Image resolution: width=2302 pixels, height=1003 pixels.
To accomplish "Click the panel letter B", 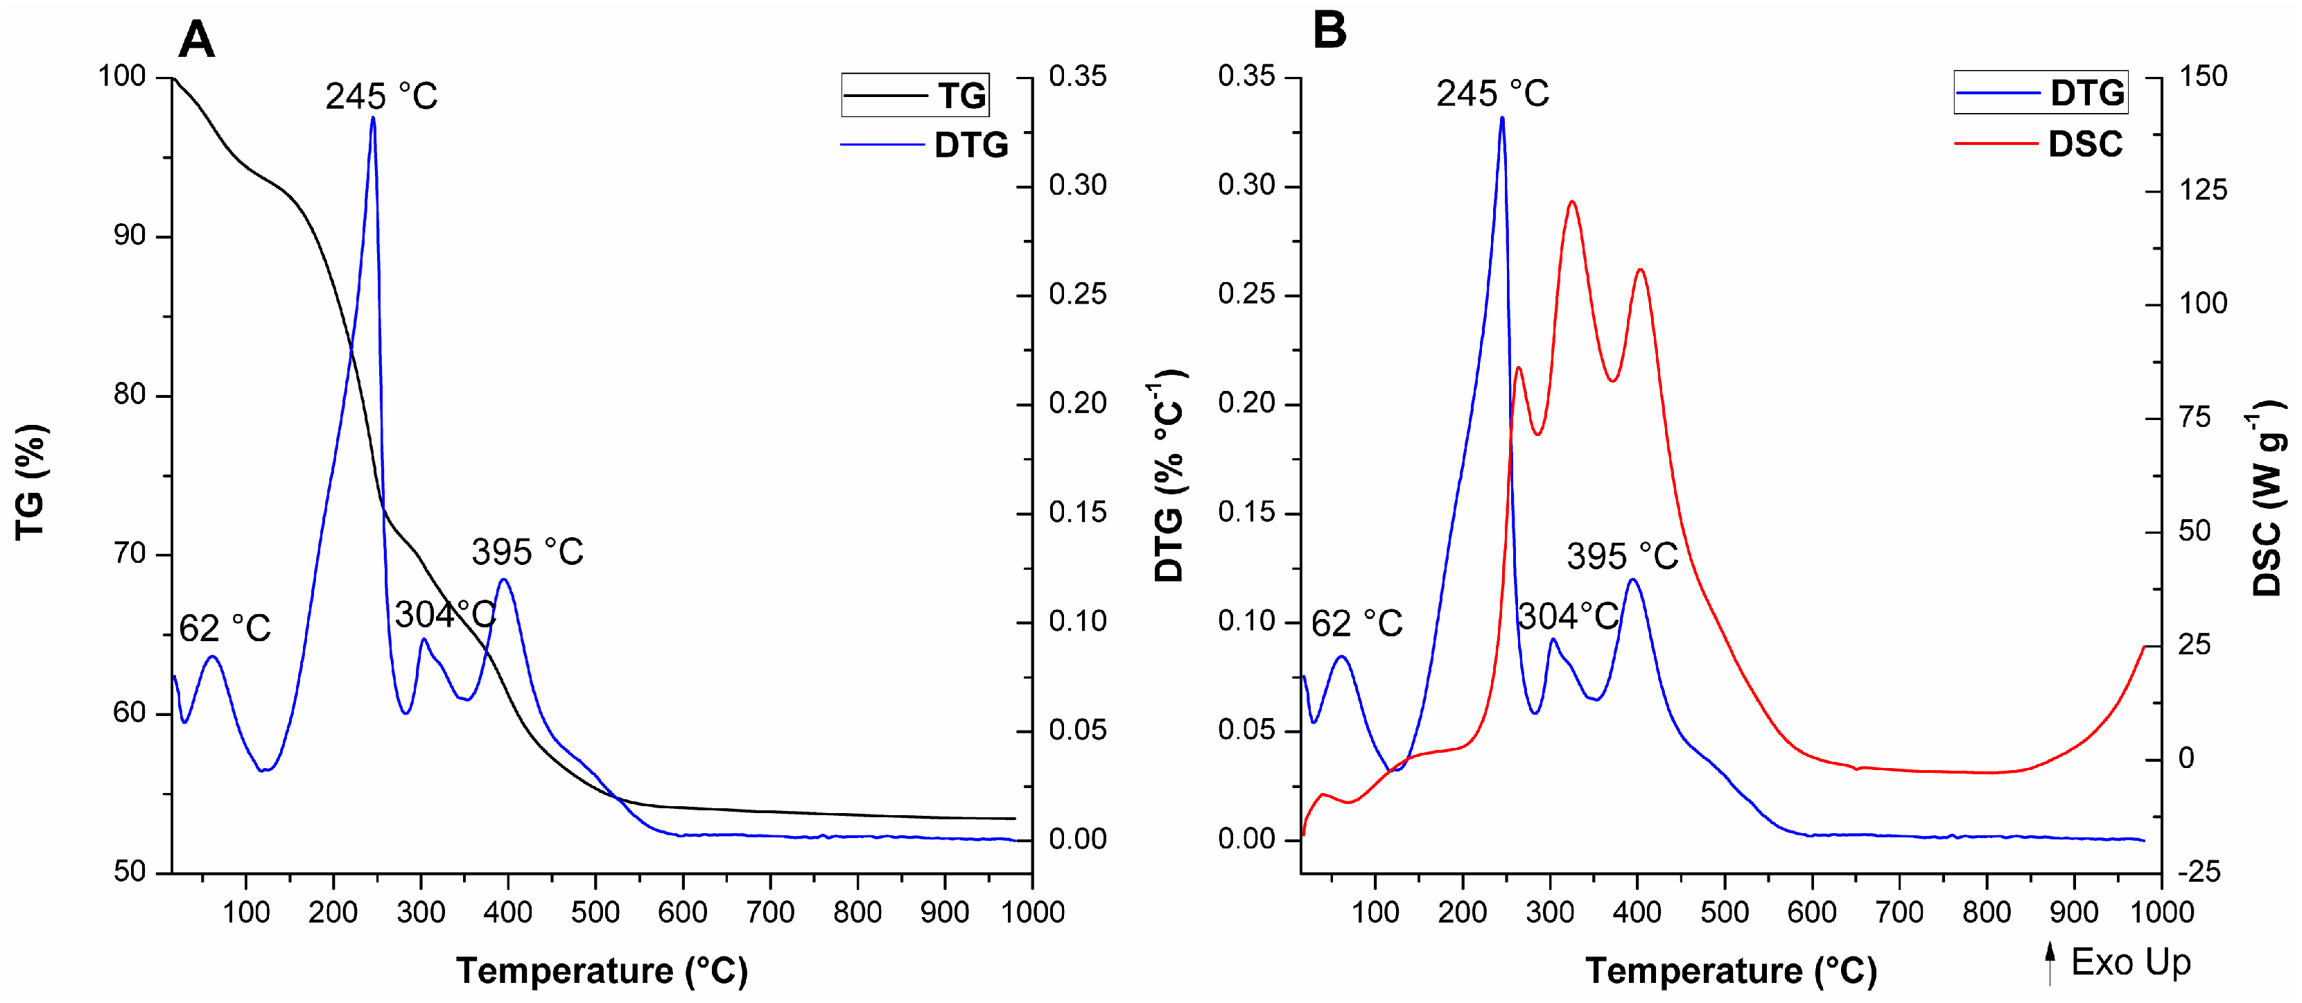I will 1329,31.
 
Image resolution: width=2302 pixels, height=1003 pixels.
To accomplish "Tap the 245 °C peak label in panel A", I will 381,96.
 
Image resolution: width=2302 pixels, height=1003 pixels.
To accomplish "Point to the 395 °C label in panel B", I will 1622,557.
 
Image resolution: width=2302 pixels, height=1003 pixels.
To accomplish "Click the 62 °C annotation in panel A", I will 225,629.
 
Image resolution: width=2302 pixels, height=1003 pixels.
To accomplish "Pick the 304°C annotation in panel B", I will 1569,616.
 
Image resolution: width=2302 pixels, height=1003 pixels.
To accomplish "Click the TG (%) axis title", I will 31,482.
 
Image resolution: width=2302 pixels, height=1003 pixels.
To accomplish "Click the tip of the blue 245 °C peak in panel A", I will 373,118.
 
